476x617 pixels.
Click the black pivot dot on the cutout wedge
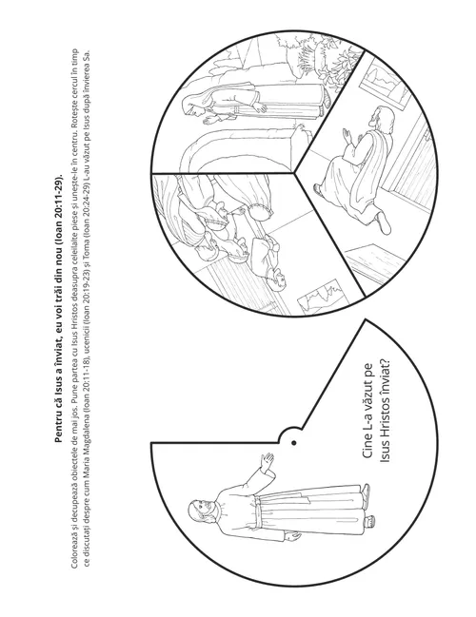(293, 443)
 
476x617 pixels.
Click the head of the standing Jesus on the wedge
(201, 511)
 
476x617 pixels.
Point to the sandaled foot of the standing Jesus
(366, 491)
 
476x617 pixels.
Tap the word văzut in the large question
(367, 394)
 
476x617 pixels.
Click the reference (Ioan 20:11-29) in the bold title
(58, 207)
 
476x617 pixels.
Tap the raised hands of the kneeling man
(348, 135)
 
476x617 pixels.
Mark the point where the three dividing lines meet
(293, 173)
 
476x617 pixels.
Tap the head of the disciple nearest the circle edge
(277, 280)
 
